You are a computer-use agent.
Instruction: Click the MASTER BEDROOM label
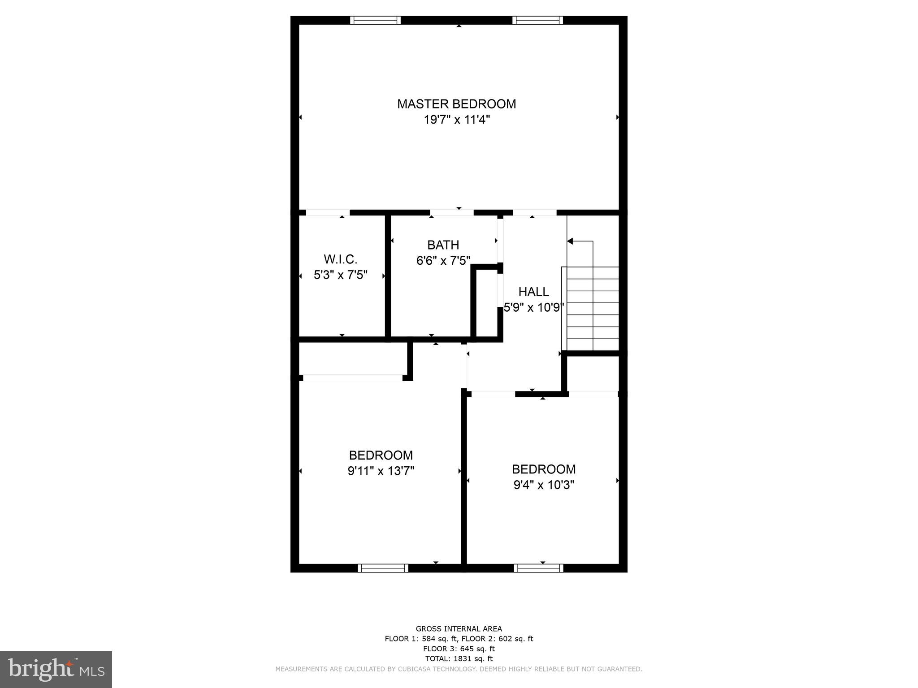(x=456, y=104)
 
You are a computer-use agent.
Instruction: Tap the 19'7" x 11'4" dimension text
(x=456, y=120)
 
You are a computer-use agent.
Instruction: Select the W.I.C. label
(x=340, y=259)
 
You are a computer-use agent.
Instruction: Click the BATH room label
(x=443, y=245)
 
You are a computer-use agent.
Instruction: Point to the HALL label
(x=533, y=292)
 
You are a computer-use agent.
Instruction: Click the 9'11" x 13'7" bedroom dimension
(x=381, y=471)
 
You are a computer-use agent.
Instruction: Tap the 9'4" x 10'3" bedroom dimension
(x=544, y=485)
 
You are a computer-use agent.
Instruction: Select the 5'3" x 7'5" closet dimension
(x=340, y=275)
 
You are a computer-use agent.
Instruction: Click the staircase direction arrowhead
(x=570, y=241)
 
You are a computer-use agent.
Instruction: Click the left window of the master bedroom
(x=375, y=20)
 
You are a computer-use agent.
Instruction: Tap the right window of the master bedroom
(x=537, y=20)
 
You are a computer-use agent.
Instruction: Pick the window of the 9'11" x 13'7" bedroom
(x=383, y=568)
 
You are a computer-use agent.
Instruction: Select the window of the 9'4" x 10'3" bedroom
(x=538, y=568)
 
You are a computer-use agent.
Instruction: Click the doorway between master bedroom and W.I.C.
(x=328, y=212)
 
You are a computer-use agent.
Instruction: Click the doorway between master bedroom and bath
(x=452, y=212)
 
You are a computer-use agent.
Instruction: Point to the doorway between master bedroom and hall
(x=534, y=212)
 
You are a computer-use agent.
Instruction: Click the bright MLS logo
(x=56, y=669)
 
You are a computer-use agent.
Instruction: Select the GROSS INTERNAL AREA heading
(x=459, y=629)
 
